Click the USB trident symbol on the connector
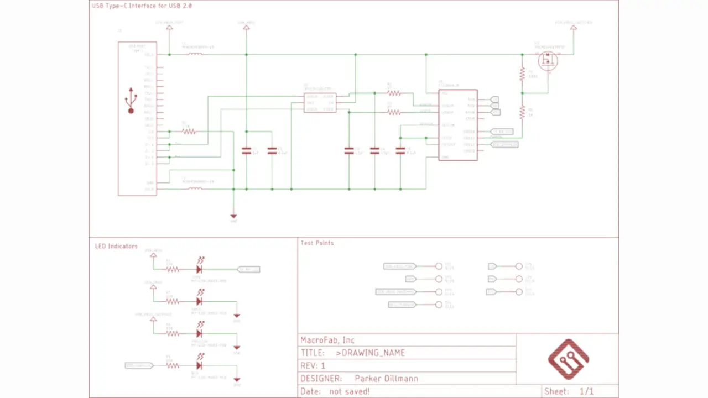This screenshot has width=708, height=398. point(131,100)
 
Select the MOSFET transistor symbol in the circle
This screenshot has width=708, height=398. point(548,61)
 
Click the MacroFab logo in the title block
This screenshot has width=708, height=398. point(568,359)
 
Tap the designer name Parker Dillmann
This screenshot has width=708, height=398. point(386,379)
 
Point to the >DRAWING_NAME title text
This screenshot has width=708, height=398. point(370,353)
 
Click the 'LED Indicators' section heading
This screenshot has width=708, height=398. point(116,246)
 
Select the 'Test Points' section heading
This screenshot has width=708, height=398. point(317,243)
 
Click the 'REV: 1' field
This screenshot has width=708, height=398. point(313,366)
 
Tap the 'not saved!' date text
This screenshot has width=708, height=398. point(349,391)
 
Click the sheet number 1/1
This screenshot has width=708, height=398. point(586,391)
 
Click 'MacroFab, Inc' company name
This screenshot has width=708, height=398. point(327,340)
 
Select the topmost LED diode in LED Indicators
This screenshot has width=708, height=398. point(199,269)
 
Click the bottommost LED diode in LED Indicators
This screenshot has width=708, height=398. point(199,365)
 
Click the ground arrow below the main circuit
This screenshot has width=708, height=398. point(233,216)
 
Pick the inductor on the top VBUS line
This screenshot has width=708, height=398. point(195,54)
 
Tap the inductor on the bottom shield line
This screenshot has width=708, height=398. point(195,189)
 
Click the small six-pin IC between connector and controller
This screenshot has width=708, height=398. point(320,103)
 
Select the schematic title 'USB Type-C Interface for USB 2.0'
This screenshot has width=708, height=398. point(141,6)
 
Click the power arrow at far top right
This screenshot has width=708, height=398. point(573,28)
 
